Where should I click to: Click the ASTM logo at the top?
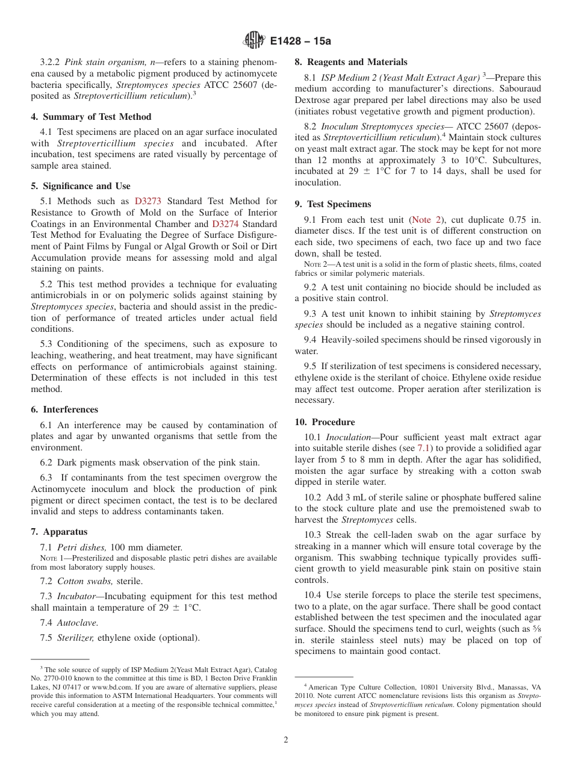click(x=253, y=40)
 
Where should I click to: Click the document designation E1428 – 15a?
click(x=300, y=41)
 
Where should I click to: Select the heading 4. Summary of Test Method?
click(x=91, y=117)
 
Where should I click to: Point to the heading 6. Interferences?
click(x=64, y=409)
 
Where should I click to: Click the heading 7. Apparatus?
click(x=59, y=532)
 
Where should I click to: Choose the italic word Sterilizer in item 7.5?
click(x=75, y=638)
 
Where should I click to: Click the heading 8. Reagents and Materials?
click(x=350, y=62)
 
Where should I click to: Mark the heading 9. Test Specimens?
click(x=332, y=204)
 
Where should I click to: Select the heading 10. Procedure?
click(x=325, y=422)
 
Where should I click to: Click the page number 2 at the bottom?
click(x=286, y=740)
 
